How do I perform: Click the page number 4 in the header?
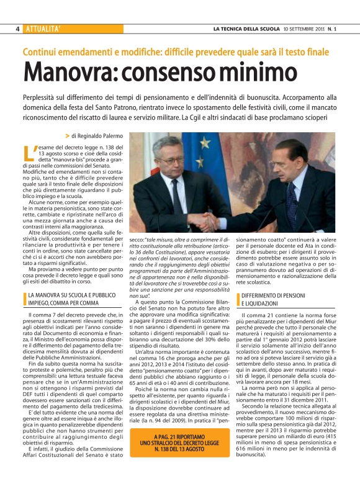point(18,29)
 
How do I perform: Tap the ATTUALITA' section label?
point(43,29)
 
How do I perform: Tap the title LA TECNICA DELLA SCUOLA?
point(245,29)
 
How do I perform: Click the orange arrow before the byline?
point(67,135)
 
